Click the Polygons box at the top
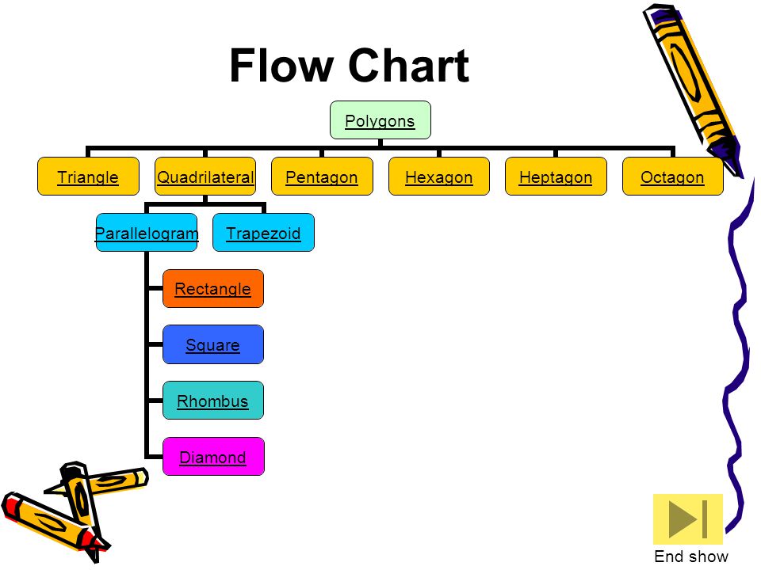380,120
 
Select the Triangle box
88,177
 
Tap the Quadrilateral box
205,177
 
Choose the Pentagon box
322,177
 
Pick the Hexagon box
438,177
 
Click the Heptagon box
556,177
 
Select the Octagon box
673,177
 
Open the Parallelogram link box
147,233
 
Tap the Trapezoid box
263,233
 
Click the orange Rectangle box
213,289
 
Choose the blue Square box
213,344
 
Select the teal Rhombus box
213,401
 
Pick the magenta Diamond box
213,457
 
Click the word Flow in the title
281,66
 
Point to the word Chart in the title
409,66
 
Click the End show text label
691,557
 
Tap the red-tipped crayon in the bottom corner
48,522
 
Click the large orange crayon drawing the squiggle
691,87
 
